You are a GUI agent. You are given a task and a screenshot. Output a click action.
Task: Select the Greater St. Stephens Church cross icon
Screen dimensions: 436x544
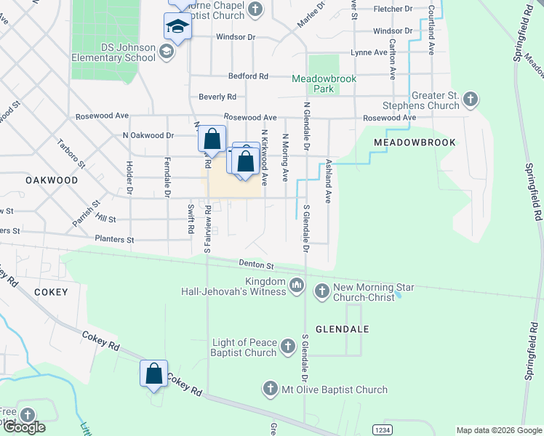click(x=471, y=98)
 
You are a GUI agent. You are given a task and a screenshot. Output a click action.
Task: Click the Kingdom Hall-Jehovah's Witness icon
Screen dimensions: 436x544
click(x=296, y=286)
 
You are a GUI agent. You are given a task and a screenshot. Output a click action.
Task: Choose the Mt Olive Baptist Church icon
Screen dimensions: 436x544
click(x=271, y=389)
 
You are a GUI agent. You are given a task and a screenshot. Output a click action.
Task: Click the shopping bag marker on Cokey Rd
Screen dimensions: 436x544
click(x=154, y=374)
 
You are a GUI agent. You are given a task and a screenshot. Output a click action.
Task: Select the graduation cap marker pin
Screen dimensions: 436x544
click(x=176, y=28)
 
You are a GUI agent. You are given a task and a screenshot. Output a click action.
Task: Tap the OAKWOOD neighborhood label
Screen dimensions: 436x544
click(x=51, y=179)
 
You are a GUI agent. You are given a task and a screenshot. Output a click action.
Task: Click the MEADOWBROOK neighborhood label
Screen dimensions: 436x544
click(x=415, y=143)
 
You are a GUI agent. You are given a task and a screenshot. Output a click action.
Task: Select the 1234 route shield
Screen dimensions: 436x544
click(x=383, y=429)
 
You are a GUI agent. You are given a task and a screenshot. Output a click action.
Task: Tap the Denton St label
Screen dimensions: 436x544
click(x=256, y=265)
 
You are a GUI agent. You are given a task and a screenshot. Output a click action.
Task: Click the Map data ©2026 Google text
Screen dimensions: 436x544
click(x=498, y=430)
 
